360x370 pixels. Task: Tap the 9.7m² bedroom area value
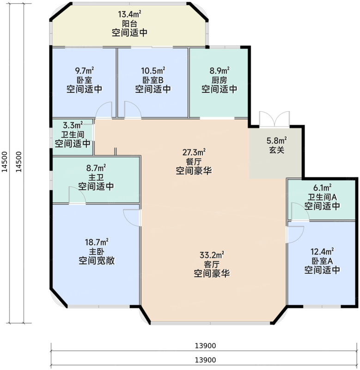[84, 71]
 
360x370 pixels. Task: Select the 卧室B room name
[153, 80]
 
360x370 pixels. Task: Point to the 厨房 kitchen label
[220, 80]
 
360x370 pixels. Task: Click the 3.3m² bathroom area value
[73, 125]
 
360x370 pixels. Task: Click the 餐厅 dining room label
[194, 161]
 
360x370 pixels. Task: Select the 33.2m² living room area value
[212, 255]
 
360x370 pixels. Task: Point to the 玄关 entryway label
[276, 149]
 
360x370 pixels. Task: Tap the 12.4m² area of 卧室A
[322, 252]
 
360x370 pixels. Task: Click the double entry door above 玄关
[275, 119]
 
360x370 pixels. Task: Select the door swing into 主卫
[77, 195]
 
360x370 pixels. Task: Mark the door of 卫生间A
[297, 211]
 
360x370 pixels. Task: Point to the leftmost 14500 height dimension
[5, 162]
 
